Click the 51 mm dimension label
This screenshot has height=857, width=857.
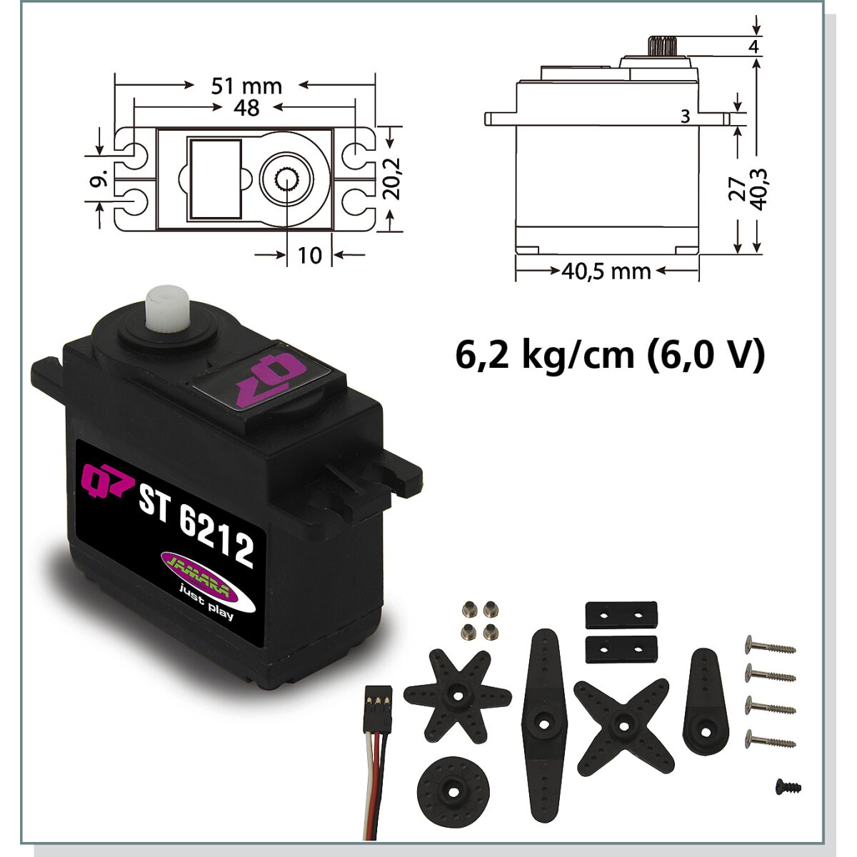(x=246, y=86)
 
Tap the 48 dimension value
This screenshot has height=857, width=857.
(x=247, y=109)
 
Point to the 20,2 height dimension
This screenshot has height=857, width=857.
(x=394, y=179)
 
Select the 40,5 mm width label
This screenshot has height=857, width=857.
(x=606, y=271)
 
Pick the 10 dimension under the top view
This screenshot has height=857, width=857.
(x=309, y=255)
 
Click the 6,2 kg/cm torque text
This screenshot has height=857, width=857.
(x=545, y=356)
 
